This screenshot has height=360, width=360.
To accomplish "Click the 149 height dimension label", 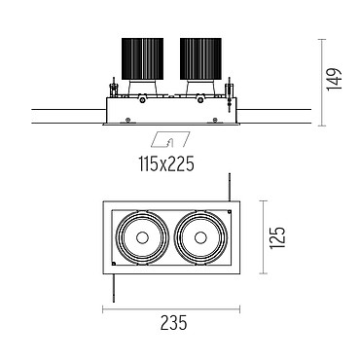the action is [x=335, y=80].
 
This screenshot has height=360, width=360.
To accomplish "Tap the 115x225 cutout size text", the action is [x=166, y=163].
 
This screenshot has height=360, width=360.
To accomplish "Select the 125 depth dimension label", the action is [x=277, y=237].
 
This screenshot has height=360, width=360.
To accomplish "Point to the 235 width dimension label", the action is [x=174, y=322].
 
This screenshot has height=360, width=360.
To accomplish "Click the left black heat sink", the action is [x=142, y=58].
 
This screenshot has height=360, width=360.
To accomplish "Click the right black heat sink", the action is [x=200, y=58].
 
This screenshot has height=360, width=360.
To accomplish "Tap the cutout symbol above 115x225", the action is [x=171, y=140].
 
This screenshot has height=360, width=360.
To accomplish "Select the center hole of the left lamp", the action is [x=142, y=237].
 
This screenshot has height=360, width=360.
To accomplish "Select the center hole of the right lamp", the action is [x=200, y=237].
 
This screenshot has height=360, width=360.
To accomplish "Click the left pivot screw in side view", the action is [x=142, y=100].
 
